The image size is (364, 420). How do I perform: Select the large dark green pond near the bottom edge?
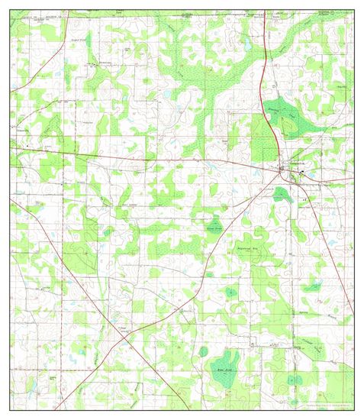click(226, 367)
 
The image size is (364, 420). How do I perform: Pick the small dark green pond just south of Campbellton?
click(282, 192)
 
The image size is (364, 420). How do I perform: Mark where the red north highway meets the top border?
click(264, 11)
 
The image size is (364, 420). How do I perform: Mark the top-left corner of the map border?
click(10, 11)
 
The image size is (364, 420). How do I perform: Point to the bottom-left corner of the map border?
click(10, 409)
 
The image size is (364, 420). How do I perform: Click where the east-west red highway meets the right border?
click(353, 180)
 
